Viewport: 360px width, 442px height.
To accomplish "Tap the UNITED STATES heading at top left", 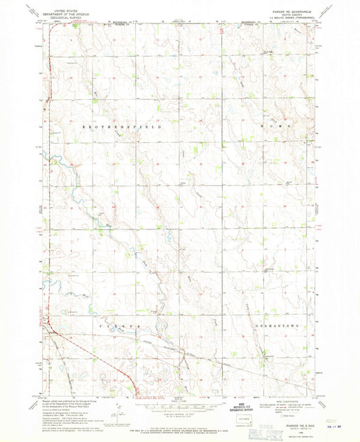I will click(60, 9).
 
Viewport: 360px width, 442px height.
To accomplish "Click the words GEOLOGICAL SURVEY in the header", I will click(60, 16).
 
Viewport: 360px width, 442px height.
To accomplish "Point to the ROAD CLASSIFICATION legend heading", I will click(289, 400).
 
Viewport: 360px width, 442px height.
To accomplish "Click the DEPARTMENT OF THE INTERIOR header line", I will click(60, 12).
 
